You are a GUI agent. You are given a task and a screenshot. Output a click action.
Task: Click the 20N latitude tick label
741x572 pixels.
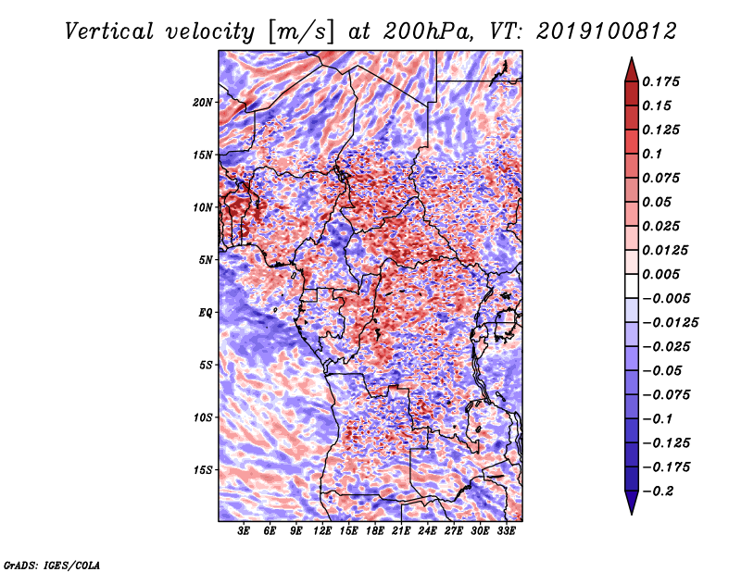[203, 103]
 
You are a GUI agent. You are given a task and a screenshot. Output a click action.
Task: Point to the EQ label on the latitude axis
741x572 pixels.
[205, 313]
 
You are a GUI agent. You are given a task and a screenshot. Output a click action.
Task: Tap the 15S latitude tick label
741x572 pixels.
[203, 470]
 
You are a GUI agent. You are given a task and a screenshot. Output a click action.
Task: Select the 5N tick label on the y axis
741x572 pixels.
[206, 260]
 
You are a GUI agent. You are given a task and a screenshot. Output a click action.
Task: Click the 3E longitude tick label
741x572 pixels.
[244, 531]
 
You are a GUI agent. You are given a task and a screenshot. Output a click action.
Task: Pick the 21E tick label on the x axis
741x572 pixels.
[401, 531]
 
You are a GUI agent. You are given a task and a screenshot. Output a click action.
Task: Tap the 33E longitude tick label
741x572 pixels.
[506, 531]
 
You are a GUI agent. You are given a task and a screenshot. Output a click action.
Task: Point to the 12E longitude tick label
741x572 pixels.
[322, 531]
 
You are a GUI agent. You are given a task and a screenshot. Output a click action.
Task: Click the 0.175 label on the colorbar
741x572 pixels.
[660, 82]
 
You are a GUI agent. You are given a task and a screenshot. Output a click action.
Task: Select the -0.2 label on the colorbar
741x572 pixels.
[658, 491]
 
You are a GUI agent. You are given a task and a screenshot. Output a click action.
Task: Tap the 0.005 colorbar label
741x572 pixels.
[660, 275]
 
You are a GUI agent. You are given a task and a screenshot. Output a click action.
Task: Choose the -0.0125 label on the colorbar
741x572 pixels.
[670, 323]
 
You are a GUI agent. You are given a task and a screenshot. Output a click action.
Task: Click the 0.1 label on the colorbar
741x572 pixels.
[652, 155]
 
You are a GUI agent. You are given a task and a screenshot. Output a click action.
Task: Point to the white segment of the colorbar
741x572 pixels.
[632, 286]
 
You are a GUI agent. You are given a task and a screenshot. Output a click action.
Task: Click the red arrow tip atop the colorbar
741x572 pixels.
[632, 58]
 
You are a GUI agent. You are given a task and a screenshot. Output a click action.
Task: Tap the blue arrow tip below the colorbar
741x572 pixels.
[632, 513]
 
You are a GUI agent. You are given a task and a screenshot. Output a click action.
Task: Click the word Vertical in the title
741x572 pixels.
[109, 31]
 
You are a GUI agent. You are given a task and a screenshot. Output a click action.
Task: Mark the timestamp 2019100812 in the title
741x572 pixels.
[607, 31]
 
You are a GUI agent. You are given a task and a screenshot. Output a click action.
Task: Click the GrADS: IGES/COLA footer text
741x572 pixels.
[52, 566]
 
